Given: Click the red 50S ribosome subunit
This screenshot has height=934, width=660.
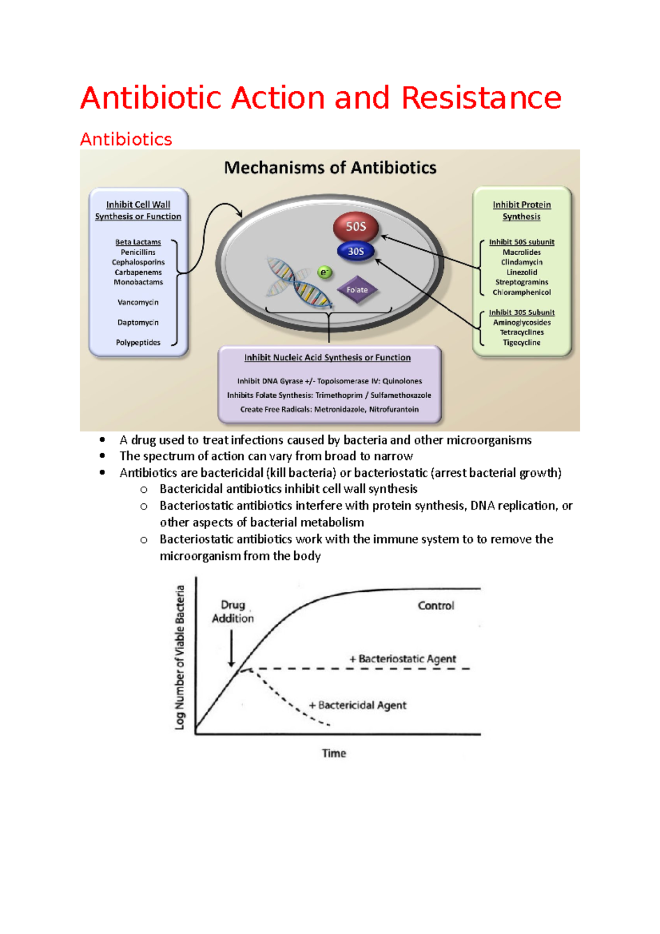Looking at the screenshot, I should [356, 227].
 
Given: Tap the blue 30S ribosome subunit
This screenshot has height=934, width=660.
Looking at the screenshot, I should [355, 251].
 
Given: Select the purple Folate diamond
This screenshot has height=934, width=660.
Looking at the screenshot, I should [357, 290].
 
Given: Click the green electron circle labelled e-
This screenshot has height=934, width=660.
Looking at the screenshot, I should [325, 272].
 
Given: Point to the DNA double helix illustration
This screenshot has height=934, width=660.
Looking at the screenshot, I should [299, 282].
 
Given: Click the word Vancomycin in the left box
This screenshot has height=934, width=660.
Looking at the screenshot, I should [138, 303].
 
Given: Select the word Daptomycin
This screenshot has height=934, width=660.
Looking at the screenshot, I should [138, 322].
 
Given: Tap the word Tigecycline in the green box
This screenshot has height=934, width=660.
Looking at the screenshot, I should [521, 343].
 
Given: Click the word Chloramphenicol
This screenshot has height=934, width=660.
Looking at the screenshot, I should [521, 293].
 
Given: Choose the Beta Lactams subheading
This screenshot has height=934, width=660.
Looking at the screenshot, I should [138, 242].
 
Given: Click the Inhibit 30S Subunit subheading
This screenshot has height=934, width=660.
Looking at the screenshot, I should [521, 312].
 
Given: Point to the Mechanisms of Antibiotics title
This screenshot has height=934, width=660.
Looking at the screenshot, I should [330, 168].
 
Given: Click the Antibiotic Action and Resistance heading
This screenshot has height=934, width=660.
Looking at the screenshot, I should [321, 98].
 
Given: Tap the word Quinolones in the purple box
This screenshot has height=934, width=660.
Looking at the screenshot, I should [402, 381].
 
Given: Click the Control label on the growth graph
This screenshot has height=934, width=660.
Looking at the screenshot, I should [436, 606].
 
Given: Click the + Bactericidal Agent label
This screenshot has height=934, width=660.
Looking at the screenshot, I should [358, 705].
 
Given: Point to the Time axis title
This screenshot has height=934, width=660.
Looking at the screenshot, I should [334, 754].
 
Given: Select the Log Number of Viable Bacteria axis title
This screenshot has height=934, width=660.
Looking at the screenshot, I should [180, 657].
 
